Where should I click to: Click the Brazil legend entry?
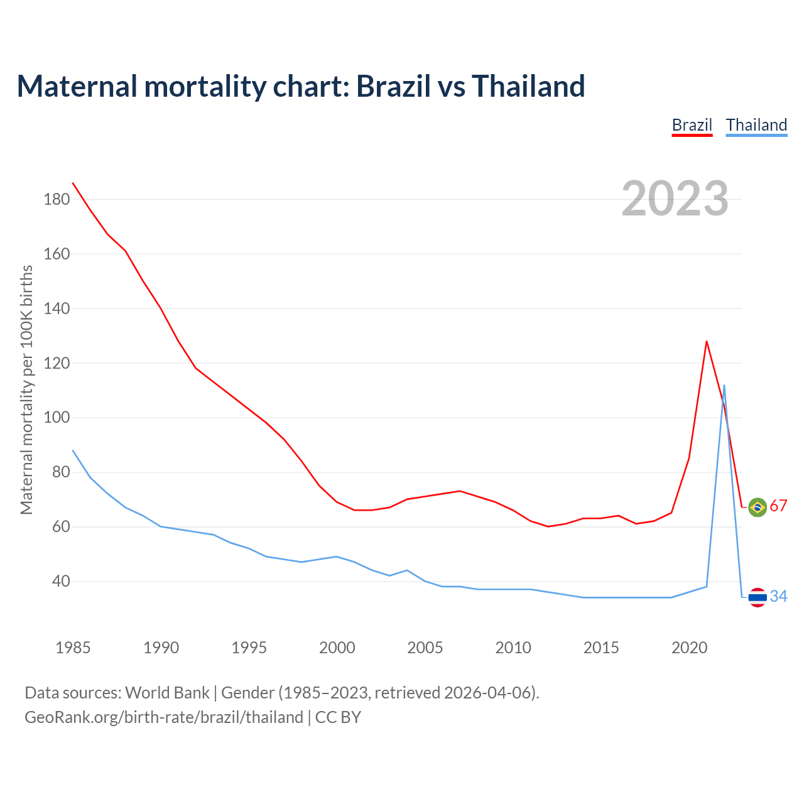click(x=692, y=125)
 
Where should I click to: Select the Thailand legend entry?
click(x=756, y=125)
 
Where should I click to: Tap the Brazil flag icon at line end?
click(x=758, y=507)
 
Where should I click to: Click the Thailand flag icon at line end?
click(x=758, y=597)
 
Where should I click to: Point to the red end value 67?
click(x=778, y=506)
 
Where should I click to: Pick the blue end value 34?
click(x=778, y=596)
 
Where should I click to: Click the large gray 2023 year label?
click(x=675, y=198)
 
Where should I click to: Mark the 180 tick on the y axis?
click(x=57, y=200)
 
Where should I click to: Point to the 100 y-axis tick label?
click(x=57, y=418)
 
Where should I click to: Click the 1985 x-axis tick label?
click(x=73, y=648)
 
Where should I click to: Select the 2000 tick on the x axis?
click(x=337, y=648)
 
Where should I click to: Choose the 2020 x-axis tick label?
click(x=689, y=648)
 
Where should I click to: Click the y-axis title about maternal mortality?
click(x=26, y=389)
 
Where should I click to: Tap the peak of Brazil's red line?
click(x=707, y=342)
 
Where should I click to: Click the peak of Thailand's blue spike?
click(x=724, y=386)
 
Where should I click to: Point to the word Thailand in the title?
click(x=528, y=86)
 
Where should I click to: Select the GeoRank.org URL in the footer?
click(x=163, y=717)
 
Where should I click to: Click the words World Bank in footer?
click(x=167, y=693)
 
